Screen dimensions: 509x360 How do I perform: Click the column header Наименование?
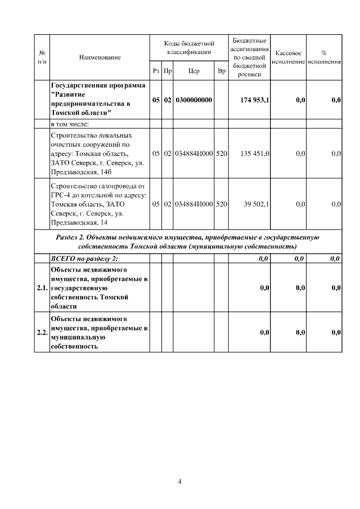pyautogui.click(x=100, y=57)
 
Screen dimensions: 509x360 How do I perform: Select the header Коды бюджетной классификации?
pyautogui.click(x=190, y=48)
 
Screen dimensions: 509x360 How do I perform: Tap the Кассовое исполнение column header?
pyautogui.click(x=289, y=57)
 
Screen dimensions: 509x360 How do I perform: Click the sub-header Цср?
pyautogui.click(x=194, y=71)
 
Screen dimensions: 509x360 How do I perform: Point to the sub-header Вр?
pyautogui.click(x=222, y=71)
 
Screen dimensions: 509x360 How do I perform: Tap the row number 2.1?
pyautogui.click(x=42, y=288)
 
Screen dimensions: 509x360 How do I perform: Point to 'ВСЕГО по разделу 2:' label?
pyautogui.click(x=84, y=258)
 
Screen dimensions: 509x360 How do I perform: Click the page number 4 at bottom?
pyautogui.click(x=179, y=481)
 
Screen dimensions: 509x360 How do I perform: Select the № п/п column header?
pyautogui.click(x=42, y=57)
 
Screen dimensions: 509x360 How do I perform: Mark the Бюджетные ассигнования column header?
pyautogui.click(x=249, y=57)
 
